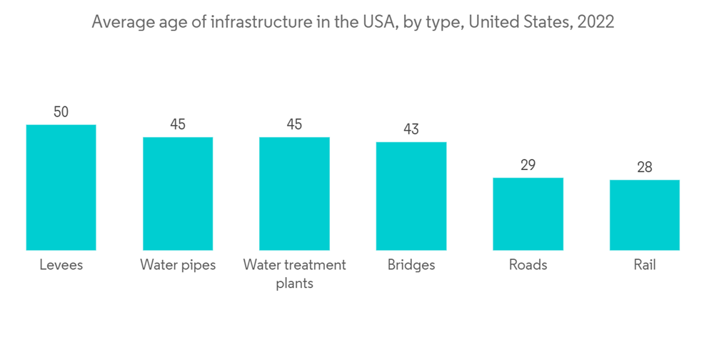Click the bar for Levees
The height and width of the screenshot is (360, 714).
point(61,187)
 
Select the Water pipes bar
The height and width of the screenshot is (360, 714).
point(178,194)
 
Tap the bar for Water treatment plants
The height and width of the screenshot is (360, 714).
point(294,194)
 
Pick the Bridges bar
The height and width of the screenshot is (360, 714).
point(411,196)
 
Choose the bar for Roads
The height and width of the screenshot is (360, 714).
point(528,214)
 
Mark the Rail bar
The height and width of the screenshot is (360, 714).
point(645,215)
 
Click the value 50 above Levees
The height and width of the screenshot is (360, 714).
point(61,112)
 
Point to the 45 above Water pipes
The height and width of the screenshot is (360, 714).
point(178,124)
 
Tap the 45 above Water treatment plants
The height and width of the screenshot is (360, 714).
point(294,124)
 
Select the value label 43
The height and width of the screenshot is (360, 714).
point(411,129)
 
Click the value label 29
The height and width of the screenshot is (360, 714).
point(528,165)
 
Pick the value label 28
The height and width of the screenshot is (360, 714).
point(645,167)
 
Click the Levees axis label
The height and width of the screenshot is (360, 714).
point(61,265)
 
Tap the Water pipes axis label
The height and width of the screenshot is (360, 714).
point(178,265)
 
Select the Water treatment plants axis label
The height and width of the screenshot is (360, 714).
point(294,274)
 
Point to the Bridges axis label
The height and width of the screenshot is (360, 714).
point(411,265)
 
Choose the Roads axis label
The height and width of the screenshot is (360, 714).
point(528,265)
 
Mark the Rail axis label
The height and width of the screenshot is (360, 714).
point(645,265)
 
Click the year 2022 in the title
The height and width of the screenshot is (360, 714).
point(595,22)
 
